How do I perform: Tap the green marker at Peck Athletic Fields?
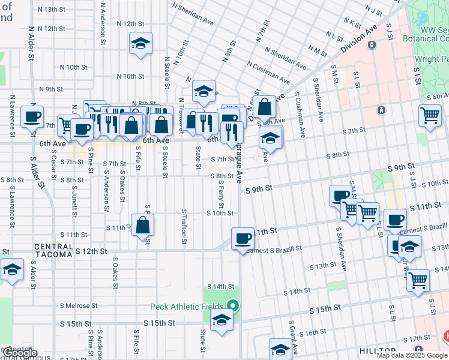tap(234, 307)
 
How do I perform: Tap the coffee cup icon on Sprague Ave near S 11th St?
tap(243, 239)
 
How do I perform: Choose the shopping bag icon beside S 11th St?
tap(143, 226)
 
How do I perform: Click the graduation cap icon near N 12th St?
tap(140, 43)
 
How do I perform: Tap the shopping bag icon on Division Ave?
tap(264, 107)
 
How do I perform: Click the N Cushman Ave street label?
tap(268, 74)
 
